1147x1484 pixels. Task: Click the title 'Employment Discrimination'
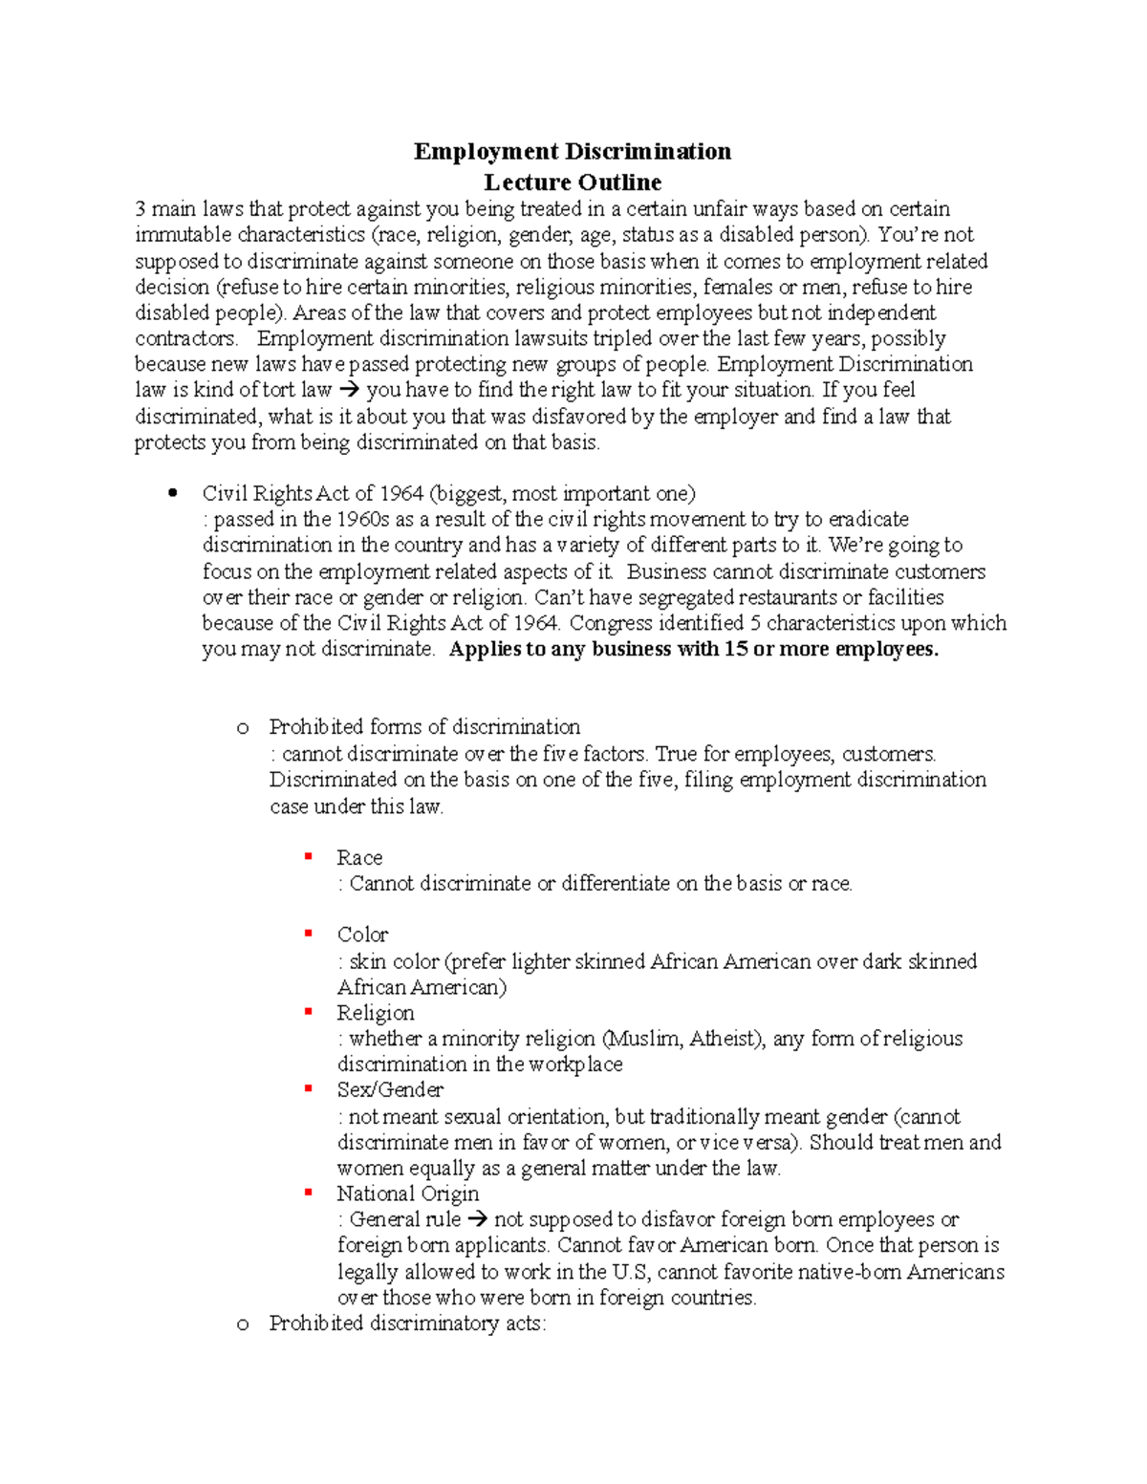point(573,152)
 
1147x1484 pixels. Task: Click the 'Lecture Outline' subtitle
point(573,182)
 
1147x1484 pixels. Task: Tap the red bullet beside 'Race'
point(309,857)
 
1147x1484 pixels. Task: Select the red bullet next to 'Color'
point(309,934)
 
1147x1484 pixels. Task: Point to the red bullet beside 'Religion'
point(309,1012)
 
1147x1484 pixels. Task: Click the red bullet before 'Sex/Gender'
point(309,1089)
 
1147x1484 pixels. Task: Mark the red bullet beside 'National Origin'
point(309,1193)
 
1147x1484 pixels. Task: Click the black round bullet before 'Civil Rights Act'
point(173,493)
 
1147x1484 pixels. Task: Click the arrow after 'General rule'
point(477,1219)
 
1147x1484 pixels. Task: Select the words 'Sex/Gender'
point(390,1090)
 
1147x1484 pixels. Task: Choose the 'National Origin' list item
point(407,1194)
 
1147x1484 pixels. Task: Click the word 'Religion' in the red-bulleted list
point(376,1013)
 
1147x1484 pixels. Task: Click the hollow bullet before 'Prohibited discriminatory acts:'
point(243,1324)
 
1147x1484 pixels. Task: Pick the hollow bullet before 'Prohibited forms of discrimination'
point(243,728)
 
